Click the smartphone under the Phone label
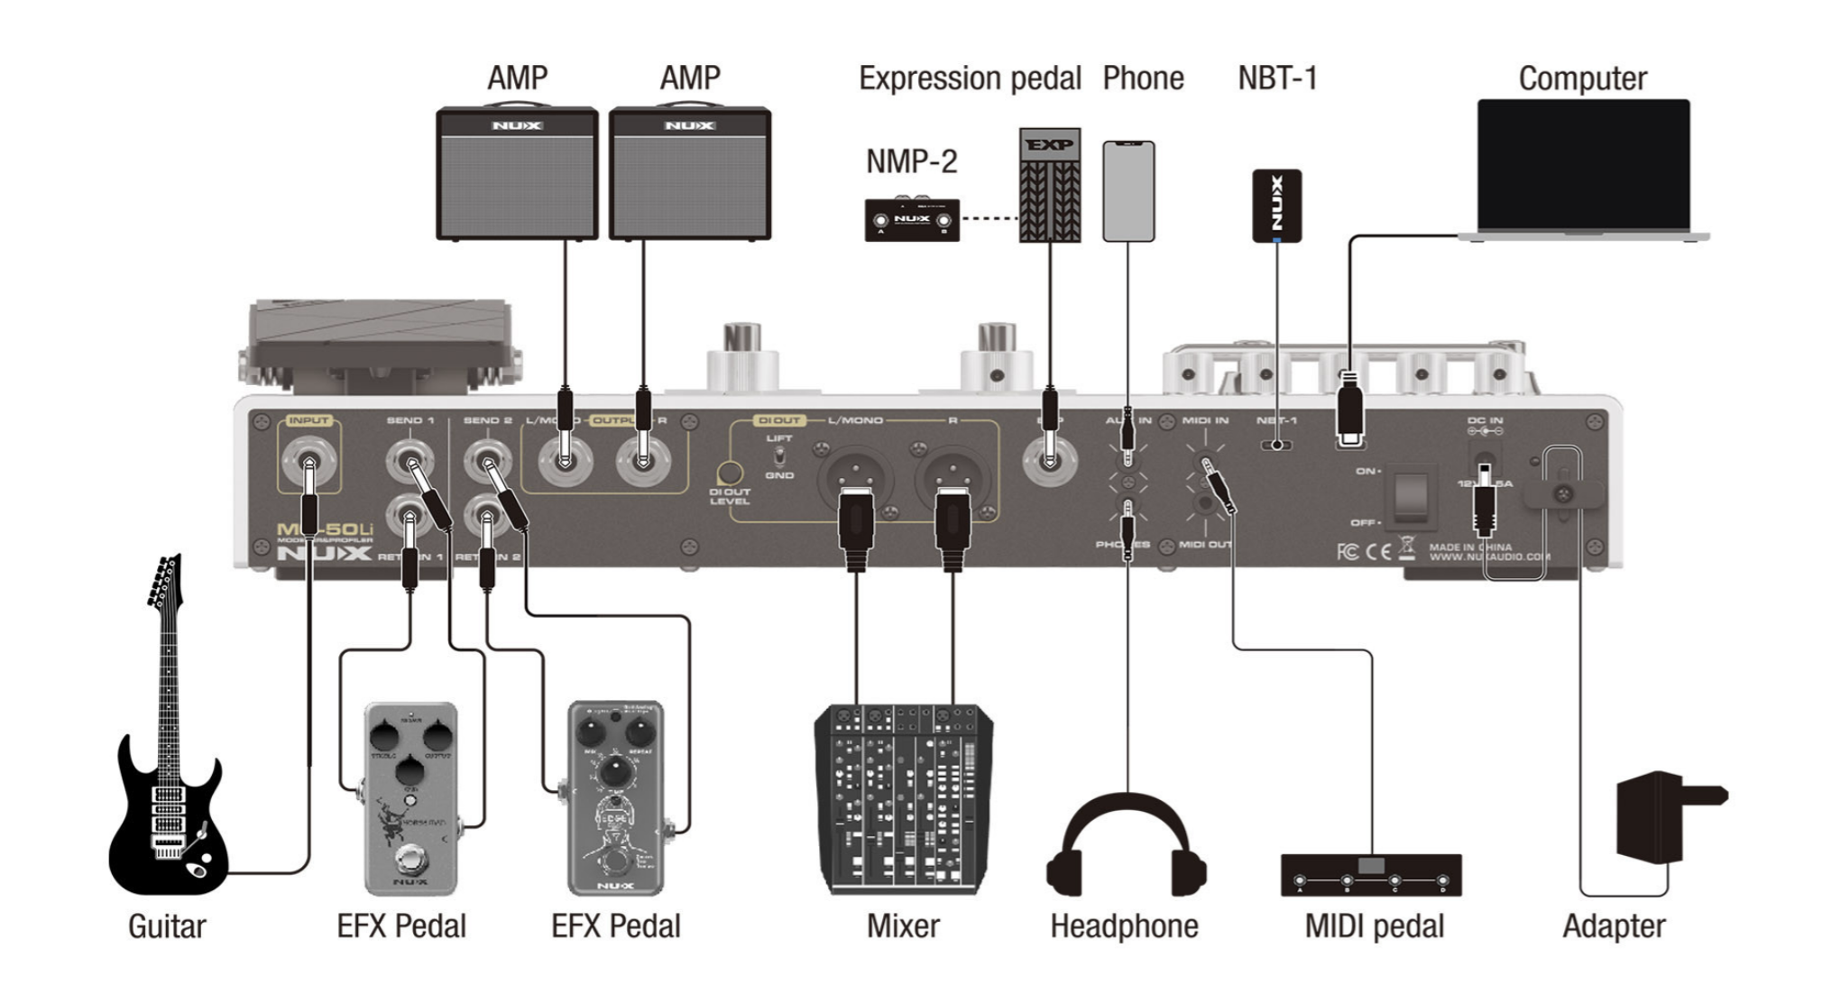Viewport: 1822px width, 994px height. [x=1128, y=190]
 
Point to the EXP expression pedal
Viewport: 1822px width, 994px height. [x=1049, y=185]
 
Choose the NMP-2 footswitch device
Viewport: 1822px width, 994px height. [x=912, y=220]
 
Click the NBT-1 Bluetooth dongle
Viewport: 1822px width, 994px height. [x=1276, y=206]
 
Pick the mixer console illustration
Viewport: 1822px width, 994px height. [x=903, y=799]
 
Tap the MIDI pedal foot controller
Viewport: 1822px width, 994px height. [x=1370, y=875]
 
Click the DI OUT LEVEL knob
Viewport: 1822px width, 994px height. [x=730, y=473]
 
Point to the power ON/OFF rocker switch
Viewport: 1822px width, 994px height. [x=1410, y=496]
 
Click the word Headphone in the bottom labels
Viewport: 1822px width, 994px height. [x=1124, y=926]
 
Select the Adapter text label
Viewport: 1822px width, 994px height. [x=1614, y=926]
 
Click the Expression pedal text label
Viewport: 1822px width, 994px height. [x=970, y=79]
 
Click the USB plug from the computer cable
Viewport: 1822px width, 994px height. [x=1349, y=406]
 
